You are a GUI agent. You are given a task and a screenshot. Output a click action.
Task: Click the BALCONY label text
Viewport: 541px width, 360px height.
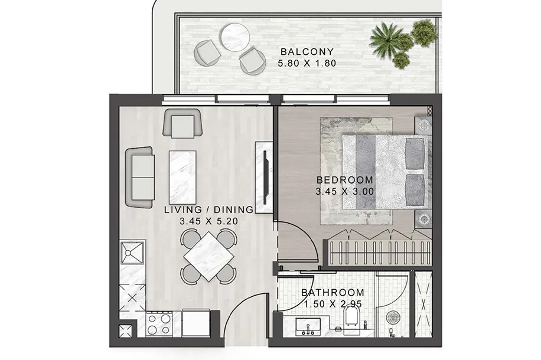coord(307,52)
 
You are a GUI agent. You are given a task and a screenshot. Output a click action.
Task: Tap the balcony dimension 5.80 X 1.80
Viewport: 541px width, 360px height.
coord(307,64)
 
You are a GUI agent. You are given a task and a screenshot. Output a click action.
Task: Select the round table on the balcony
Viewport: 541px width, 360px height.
coord(236,37)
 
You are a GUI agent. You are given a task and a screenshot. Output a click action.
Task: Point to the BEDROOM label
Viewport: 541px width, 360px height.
coord(345,180)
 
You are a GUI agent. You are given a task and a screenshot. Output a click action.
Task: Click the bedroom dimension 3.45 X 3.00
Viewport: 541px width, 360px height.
coord(345,192)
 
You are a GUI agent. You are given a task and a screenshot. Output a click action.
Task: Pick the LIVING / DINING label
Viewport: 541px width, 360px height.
coord(208,210)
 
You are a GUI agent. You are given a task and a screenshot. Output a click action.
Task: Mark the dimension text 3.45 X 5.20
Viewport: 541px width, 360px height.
coord(208,221)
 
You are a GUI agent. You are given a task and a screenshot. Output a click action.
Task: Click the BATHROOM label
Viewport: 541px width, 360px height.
coord(333,293)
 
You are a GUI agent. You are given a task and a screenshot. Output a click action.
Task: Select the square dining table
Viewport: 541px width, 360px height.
coord(208,256)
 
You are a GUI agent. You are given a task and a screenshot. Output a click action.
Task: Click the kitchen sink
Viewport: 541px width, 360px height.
coord(132,253)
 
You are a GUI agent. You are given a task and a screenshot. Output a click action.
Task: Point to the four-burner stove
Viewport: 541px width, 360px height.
coord(159,324)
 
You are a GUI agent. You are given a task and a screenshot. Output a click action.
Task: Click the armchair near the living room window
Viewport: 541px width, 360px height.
coord(182,123)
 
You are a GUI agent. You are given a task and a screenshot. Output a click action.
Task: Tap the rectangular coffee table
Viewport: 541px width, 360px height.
coord(182,177)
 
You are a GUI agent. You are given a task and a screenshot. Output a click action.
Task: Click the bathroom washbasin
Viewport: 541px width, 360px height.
coord(308,327)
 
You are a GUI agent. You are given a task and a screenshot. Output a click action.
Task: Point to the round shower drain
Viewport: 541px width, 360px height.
coord(392,318)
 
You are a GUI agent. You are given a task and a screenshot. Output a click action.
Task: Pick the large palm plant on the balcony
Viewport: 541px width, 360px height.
coord(386,38)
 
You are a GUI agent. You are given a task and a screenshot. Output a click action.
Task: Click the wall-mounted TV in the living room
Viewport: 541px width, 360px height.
coord(265,177)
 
